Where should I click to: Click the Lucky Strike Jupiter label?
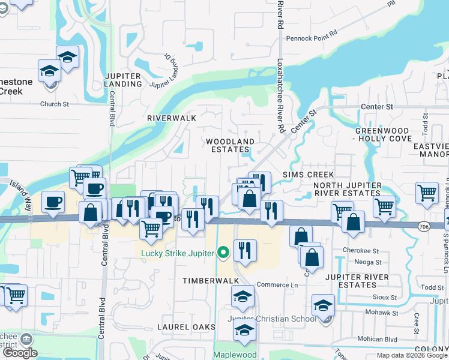pos(178,253)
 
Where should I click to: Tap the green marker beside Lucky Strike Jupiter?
pos(223,253)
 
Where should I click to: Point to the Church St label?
pos(55,104)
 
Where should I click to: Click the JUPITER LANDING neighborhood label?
pos(122,80)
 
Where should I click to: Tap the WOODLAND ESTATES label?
pos(231,146)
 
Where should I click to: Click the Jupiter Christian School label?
pos(272,319)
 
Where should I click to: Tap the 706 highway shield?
pos(424,224)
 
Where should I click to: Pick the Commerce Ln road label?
pos(277,284)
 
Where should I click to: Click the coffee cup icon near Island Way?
pos(53,202)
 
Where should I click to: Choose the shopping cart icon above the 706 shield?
pos(426,193)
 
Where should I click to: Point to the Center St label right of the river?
pos(377,107)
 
